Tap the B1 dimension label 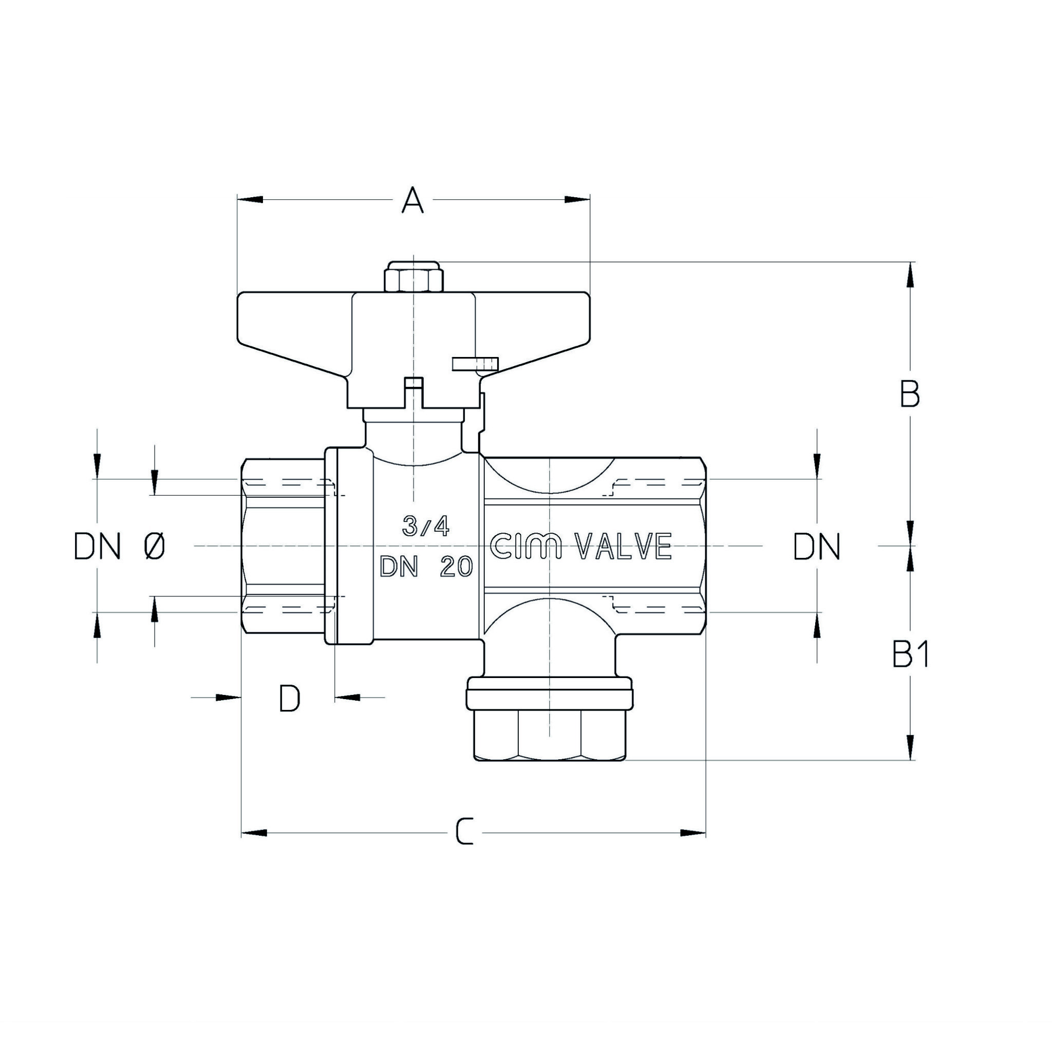(x=910, y=654)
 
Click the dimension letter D (x=289, y=699)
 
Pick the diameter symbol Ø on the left (x=155, y=546)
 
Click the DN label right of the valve (x=817, y=547)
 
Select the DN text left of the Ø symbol (x=97, y=546)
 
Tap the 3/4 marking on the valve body (x=426, y=526)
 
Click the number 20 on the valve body (x=456, y=568)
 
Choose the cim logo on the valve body (x=526, y=546)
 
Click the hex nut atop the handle (x=414, y=277)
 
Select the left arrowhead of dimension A (x=250, y=200)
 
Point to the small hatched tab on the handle (x=475, y=364)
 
